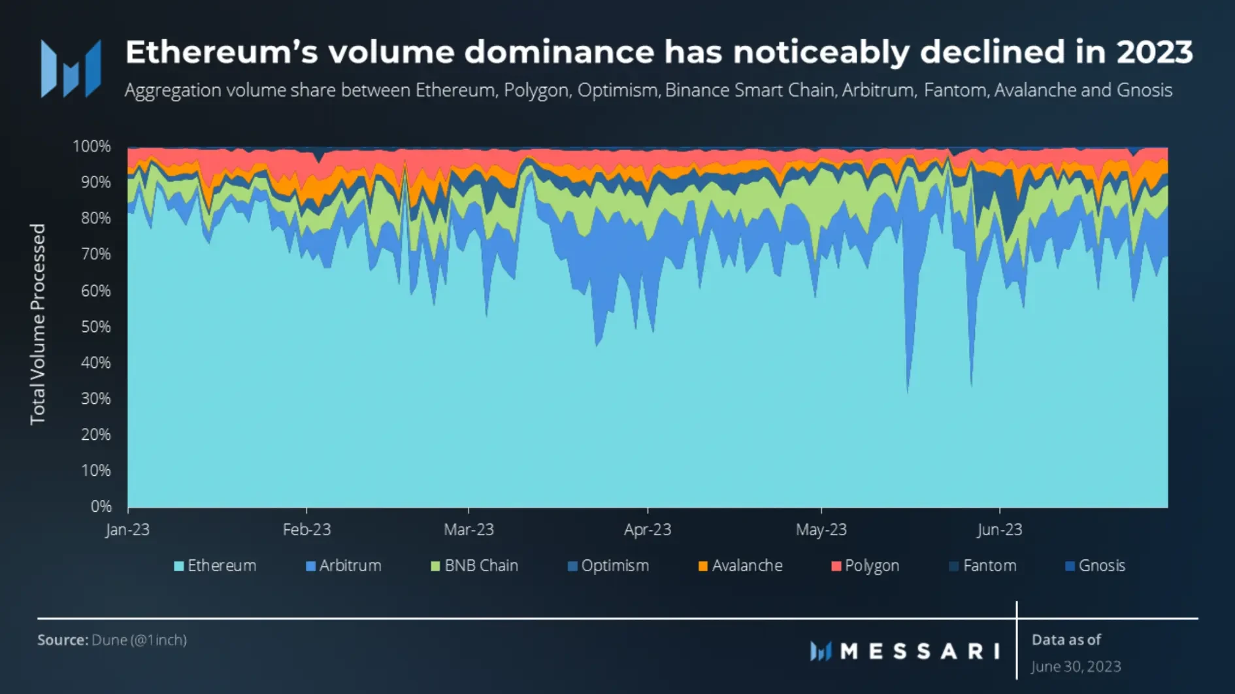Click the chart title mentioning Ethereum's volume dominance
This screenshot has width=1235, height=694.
pyautogui.click(x=659, y=52)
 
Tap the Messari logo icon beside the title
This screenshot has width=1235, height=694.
pyautogui.click(x=71, y=69)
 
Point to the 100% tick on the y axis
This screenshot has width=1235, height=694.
pyautogui.click(x=91, y=146)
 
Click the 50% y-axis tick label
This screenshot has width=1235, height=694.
pyautogui.click(x=95, y=327)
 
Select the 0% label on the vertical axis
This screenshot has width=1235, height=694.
pyautogui.click(x=101, y=506)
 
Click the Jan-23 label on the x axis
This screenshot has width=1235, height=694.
pyautogui.click(x=127, y=529)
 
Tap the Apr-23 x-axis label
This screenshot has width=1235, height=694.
pyautogui.click(x=647, y=529)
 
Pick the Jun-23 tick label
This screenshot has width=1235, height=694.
pyautogui.click(x=999, y=529)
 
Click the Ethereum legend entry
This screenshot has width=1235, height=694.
pyautogui.click(x=215, y=566)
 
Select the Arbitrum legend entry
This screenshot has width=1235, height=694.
pyautogui.click(x=344, y=566)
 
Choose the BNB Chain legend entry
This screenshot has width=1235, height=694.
pyautogui.click(x=474, y=566)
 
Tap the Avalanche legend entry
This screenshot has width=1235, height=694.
pyautogui.click(x=740, y=566)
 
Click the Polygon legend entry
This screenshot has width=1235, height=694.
pyautogui.click(x=865, y=566)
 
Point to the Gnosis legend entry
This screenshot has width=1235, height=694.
pyautogui.click(x=1095, y=566)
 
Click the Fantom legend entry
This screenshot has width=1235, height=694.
pyautogui.click(x=983, y=566)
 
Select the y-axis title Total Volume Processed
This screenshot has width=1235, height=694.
pyautogui.click(x=38, y=324)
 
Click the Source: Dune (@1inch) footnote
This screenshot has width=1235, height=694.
pyautogui.click(x=112, y=640)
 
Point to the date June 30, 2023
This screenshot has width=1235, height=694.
pyautogui.click(x=1076, y=667)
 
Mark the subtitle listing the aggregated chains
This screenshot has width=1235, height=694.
pyautogui.click(x=648, y=90)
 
